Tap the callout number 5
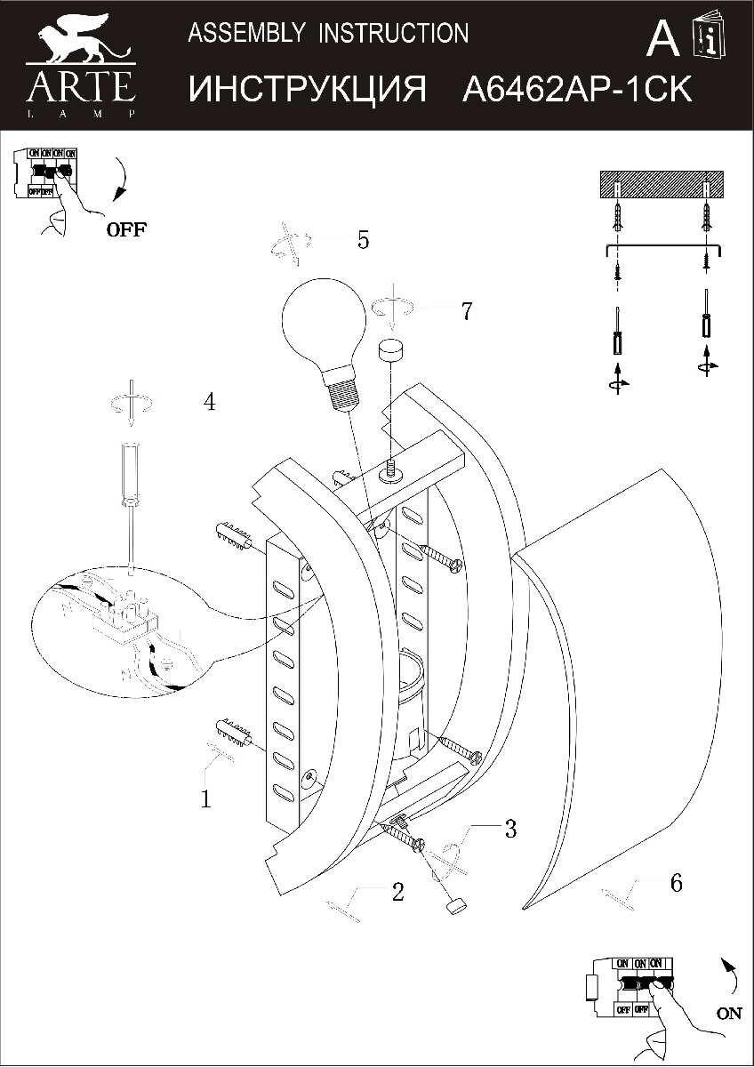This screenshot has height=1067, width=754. pos(363,240)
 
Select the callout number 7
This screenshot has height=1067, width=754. pos(466,311)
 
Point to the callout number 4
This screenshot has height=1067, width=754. pos(209,402)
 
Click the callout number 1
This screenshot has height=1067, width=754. pos(206,798)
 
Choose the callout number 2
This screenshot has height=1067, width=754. pos(397,892)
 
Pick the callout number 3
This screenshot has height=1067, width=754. pos(509,830)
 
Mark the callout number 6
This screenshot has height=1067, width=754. pos(676,882)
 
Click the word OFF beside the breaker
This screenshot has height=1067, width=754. pos(127,229)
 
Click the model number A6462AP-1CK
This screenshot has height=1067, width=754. pos(577,90)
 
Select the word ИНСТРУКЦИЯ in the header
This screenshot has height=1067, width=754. pos(309,90)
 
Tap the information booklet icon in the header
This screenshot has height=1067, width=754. pos(710,37)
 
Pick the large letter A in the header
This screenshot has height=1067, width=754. pos(662,38)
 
